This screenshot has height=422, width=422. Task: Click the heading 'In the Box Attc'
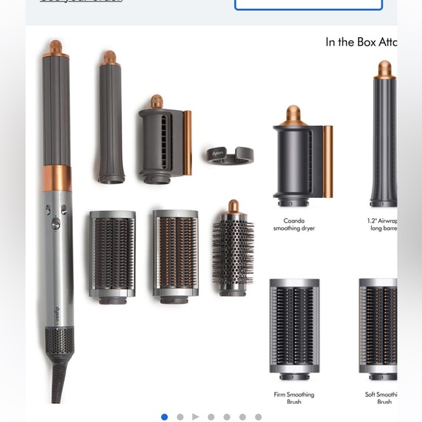(361, 42)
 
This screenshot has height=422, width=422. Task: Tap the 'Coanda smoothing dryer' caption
(294, 224)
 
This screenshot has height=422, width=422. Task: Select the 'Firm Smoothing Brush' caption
(294, 398)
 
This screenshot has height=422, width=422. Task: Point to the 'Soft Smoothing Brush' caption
(382, 398)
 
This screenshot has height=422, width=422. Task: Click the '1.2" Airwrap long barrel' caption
(382, 224)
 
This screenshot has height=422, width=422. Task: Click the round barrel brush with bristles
(232, 252)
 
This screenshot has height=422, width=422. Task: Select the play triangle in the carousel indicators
(195, 417)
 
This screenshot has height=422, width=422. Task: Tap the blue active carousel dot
(164, 417)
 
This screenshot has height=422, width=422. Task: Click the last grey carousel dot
(258, 417)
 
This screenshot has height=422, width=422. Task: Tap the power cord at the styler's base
(56, 386)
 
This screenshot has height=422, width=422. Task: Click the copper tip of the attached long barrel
(55, 49)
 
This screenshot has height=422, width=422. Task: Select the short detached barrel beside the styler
(109, 120)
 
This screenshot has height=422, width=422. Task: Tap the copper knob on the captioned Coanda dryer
(292, 114)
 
